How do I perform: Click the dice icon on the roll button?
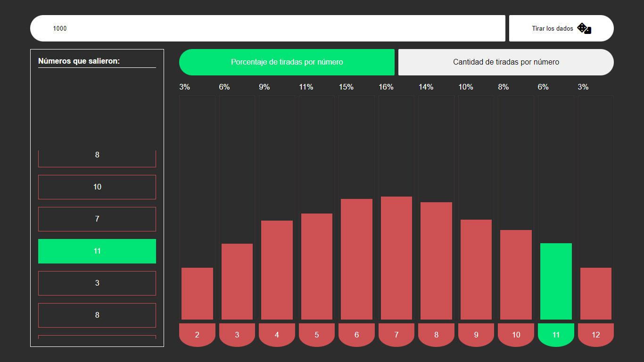click(x=584, y=28)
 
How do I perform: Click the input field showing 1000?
click(x=267, y=28)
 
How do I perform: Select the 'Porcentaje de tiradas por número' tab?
click(x=287, y=62)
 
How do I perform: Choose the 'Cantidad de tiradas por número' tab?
click(x=506, y=62)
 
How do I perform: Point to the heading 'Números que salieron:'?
click(x=79, y=61)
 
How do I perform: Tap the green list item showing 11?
click(x=97, y=251)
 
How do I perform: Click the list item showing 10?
click(x=97, y=187)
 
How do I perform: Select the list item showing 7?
click(x=97, y=219)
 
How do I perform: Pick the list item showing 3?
click(x=97, y=283)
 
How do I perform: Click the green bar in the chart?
click(x=556, y=281)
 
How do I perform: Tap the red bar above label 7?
click(x=396, y=258)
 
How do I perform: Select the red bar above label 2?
click(x=197, y=294)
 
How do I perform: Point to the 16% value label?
click(x=386, y=87)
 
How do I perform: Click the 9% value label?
click(x=264, y=87)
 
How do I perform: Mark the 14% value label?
click(x=426, y=87)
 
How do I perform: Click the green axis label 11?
click(x=556, y=335)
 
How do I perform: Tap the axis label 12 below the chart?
click(x=596, y=335)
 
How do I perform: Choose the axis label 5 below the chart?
click(x=317, y=335)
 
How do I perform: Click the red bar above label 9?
click(x=476, y=270)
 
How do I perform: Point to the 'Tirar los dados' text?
click(x=553, y=28)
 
